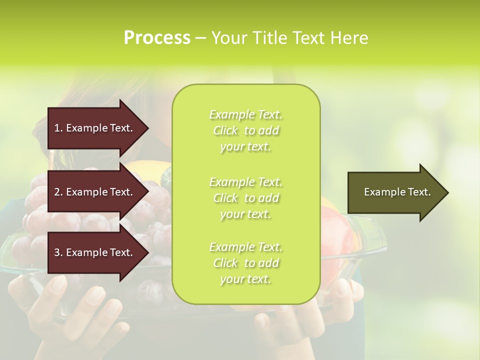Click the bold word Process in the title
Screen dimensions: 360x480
click(x=157, y=38)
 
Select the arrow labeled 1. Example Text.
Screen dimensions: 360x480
click(x=95, y=128)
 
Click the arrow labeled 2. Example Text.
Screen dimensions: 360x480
click(x=95, y=192)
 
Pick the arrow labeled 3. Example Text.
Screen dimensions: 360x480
click(x=95, y=252)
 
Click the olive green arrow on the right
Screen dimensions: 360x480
click(x=395, y=192)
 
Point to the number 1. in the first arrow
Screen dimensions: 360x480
click(x=58, y=128)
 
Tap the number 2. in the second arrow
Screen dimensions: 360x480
click(x=58, y=192)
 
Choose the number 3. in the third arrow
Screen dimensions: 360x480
click(x=58, y=252)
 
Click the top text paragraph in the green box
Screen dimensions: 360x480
click(x=245, y=130)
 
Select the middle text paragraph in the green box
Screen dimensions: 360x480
click(x=245, y=198)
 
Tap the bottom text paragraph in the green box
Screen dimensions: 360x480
click(x=245, y=263)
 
